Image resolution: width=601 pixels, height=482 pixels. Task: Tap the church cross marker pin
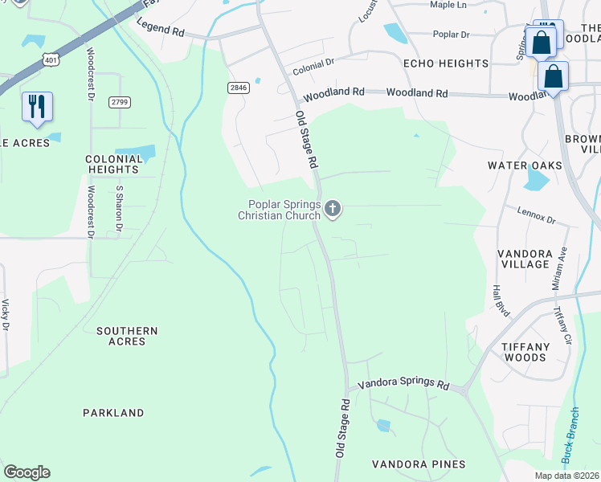(333, 210)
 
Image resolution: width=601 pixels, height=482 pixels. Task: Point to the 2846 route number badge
(238, 88)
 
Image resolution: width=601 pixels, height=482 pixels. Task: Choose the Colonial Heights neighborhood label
(113, 165)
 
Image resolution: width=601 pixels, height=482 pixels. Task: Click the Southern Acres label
(127, 336)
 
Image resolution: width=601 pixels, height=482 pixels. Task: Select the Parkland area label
(113, 413)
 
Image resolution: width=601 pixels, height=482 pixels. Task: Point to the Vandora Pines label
(419, 464)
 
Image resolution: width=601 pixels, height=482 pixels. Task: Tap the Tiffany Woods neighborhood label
(525, 353)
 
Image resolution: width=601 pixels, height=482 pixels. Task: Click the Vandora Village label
(519, 259)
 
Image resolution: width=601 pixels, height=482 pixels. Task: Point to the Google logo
(27, 472)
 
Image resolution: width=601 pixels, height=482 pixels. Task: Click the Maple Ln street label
(448, 5)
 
